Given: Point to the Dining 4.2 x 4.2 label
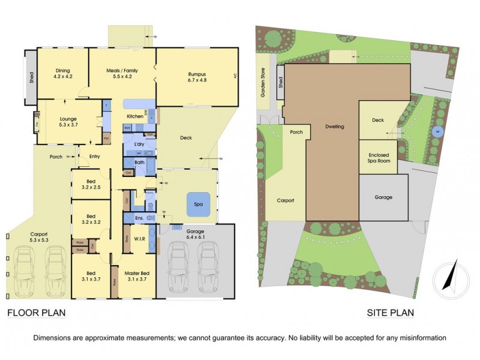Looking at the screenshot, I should pyautogui.click(x=63, y=73).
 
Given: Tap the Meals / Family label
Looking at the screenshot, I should pyautogui.click(x=122, y=73).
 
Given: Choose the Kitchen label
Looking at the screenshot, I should pyautogui.click(x=133, y=116).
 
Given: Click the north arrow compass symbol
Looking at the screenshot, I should pyautogui.click(x=450, y=277).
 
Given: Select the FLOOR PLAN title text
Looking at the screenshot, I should pyautogui.click(x=36, y=313).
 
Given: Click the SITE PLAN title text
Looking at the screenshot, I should pyautogui.click(x=391, y=313).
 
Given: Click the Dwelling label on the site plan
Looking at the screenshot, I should pyautogui.click(x=335, y=127).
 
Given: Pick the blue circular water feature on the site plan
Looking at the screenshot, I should pyautogui.click(x=437, y=132).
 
